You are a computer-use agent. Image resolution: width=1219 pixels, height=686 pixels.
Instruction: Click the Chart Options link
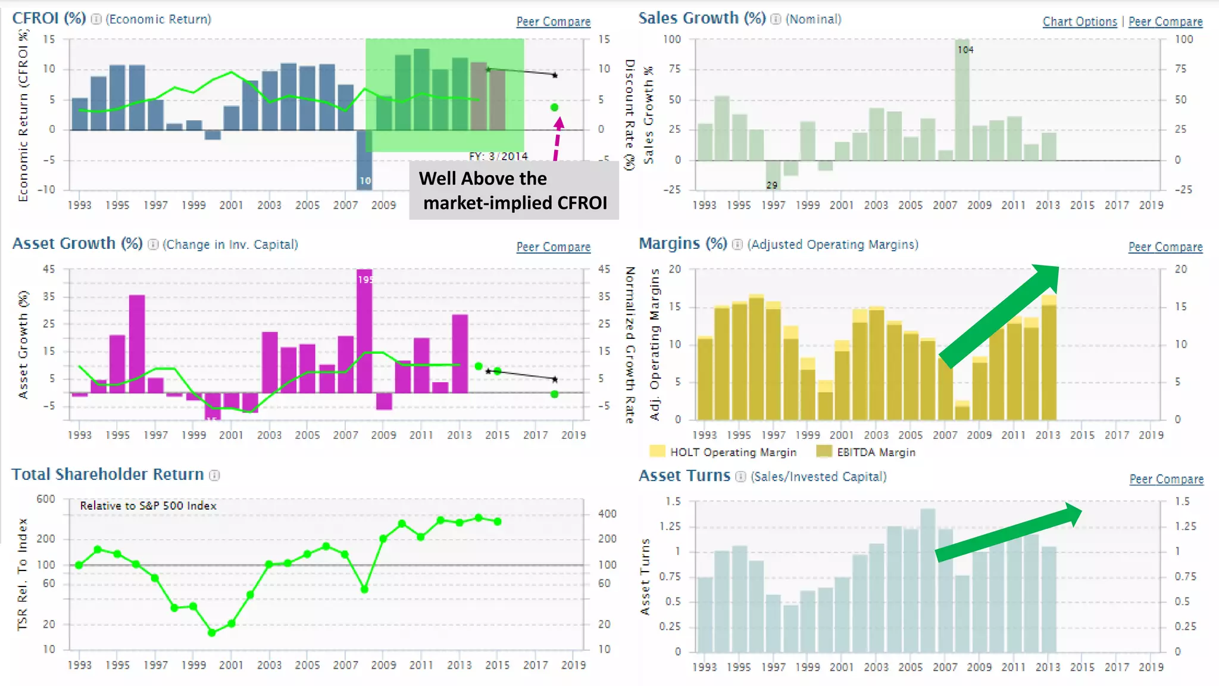pos(1079,21)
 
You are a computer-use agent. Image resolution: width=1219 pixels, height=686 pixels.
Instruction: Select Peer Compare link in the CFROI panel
pos(553,21)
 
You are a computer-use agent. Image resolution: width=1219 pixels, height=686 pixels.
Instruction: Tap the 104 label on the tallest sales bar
pos(965,50)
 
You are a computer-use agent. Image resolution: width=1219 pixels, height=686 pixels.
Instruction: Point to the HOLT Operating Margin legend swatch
pos(657,451)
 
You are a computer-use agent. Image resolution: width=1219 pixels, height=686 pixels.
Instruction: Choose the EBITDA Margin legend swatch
pos(824,451)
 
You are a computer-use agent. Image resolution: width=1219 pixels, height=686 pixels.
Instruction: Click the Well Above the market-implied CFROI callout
pos(514,191)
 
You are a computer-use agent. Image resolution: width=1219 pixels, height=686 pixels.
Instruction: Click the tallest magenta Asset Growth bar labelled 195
pos(364,330)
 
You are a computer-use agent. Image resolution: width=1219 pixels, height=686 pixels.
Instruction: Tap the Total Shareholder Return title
pos(108,475)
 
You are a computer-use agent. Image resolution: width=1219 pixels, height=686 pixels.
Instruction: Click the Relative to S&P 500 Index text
pos(148,506)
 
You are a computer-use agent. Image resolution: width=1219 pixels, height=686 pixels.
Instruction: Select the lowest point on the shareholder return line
pos(212,632)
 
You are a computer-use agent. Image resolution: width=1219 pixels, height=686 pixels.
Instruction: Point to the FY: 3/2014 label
pos(498,156)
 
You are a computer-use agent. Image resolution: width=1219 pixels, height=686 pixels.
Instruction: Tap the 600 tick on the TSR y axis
pos(46,499)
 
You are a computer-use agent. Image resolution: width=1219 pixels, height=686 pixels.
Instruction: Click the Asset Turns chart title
pos(684,476)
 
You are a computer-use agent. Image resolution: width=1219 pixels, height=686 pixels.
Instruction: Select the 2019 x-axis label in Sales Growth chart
pos(1151,205)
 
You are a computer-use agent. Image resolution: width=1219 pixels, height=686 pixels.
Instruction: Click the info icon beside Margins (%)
pos(737,245)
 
